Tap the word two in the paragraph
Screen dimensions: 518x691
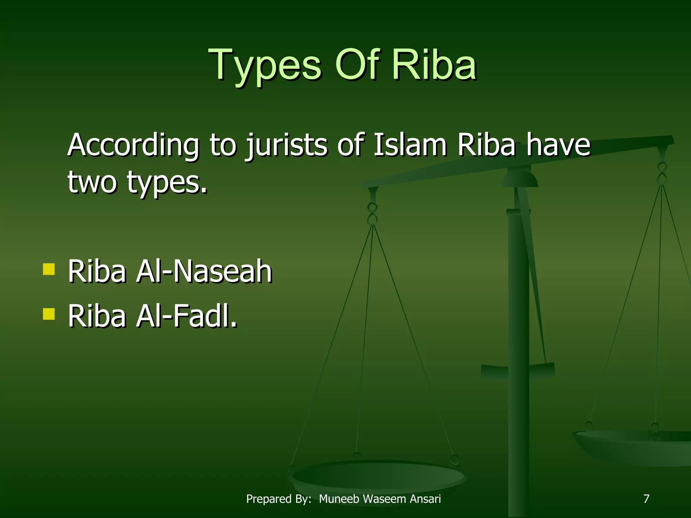[x=92, y=182]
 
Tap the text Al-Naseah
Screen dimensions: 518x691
[x=204, y=271]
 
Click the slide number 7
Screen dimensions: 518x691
[x=646, y=499]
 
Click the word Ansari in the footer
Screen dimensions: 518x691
[x=425, y=499]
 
